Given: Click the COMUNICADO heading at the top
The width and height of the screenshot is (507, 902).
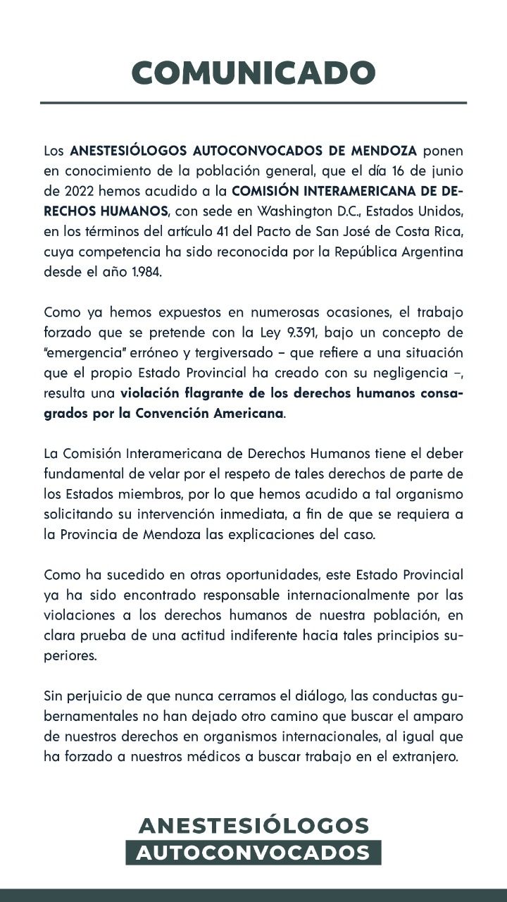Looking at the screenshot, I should [x=254, y=73].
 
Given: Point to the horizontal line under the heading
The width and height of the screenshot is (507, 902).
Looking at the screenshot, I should [x=254, y=103].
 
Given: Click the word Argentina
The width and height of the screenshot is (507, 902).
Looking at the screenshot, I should [x=432, y=252].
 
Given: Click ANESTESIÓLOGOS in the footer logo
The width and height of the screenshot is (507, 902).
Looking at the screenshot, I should [x=254, y=825].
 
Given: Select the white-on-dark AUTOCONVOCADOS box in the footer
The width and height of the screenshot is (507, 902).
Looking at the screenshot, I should [x=254, y=853].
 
